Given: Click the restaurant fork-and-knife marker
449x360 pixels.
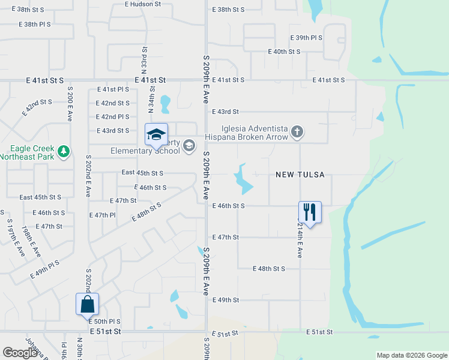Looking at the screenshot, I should point(310,212).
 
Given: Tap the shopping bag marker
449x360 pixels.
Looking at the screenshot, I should point(87,304).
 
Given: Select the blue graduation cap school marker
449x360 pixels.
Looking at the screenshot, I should point(156,134).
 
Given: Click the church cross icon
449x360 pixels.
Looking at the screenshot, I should point(297,131).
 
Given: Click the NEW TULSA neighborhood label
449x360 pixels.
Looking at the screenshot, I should point(300,175).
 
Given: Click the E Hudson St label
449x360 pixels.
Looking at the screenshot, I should point(143,4).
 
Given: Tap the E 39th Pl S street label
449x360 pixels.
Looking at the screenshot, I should point(306,37).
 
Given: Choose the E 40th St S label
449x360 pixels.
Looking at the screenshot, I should point(284,52).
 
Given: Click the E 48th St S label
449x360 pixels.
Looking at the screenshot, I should point(269,268).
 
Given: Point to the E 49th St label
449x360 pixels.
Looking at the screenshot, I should point(226,299).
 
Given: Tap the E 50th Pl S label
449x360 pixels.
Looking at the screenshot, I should point(105,322).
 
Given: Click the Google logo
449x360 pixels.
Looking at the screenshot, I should point(20,353).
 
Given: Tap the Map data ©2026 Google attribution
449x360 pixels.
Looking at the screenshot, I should point(411,355).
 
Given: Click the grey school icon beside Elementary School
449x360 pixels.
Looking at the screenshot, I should point(189,145).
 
